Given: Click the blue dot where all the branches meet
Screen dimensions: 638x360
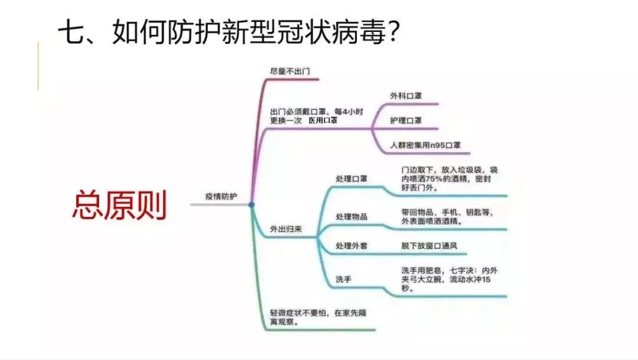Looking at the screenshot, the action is [x=252, y=205].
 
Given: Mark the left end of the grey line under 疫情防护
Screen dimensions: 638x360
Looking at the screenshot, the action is [x=190, y=205].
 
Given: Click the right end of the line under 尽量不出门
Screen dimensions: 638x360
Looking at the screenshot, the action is [x=318, y=79].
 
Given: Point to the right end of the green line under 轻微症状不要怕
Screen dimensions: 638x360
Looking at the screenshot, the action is [x=375, y=330].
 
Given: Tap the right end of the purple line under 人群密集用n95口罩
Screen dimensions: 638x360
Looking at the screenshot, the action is [x=470, y=154].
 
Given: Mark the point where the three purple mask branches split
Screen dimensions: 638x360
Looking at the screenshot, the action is [x=372, y=129].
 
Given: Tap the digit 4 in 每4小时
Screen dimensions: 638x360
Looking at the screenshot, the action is [x=345, y=112].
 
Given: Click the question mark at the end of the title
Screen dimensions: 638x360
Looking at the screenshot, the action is [x=393, y=32].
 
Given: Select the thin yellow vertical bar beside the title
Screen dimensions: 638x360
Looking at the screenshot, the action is [x=38, y=65].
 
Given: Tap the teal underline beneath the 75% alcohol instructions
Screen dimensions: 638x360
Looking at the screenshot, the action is [x=448, y=196].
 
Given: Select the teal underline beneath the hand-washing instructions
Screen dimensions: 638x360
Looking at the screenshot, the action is [x=448, y=297].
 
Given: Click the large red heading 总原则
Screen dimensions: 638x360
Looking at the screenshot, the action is [x=119, y=205].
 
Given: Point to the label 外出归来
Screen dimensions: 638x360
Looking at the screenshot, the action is [x=286, y=229].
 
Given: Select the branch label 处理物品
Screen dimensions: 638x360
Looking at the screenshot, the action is [x=351, y=217].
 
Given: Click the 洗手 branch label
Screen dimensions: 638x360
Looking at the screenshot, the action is [x=343, y=280].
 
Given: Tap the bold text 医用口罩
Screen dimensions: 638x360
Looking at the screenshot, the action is [x=323, y=121].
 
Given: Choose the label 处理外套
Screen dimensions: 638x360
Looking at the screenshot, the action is [x=351, y=246].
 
